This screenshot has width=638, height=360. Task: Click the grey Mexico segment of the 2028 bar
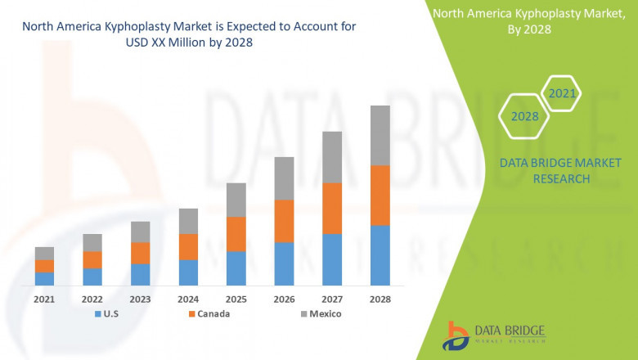[380, 135]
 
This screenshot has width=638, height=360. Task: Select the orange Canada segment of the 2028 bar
[380, 195]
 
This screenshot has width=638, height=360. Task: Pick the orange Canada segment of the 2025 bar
[236, 234]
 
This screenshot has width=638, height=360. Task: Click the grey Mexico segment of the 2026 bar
[284, 178]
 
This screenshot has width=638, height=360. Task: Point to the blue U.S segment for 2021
[44, 278]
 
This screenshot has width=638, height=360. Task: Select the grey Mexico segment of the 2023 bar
[140, 232]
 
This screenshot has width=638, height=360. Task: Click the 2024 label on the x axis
[188, 299]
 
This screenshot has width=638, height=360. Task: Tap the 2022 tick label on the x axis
[92, 299]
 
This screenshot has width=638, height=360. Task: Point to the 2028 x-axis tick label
[380, 299]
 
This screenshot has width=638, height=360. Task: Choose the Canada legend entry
[209, 313]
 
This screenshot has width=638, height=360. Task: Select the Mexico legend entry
[319, 313]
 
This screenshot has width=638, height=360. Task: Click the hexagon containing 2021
[562, 94]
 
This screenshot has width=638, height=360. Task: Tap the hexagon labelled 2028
[524, 116]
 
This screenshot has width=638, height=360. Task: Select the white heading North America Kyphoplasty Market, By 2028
[526, 21]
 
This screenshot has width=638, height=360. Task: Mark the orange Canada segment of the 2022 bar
[92, 259]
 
